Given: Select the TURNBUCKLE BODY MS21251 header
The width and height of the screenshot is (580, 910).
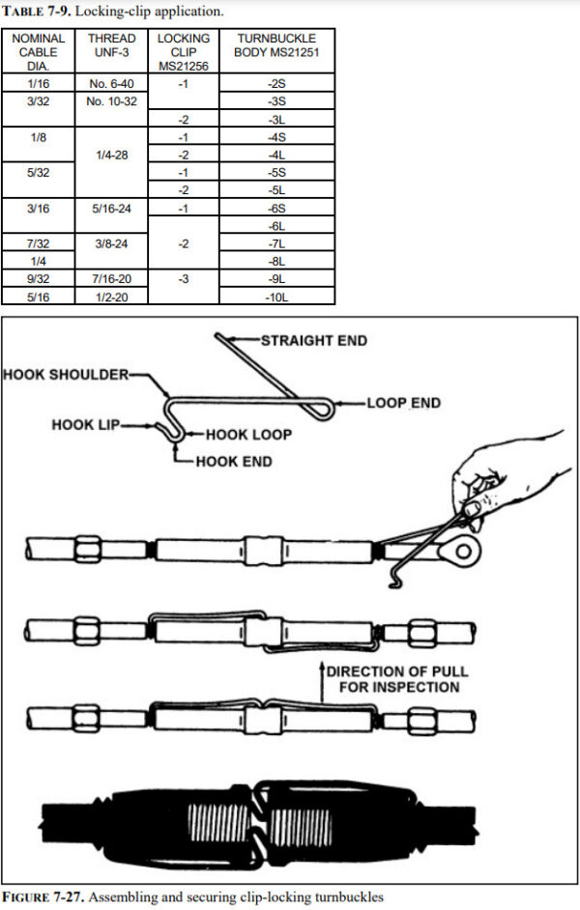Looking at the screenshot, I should coord(275,45).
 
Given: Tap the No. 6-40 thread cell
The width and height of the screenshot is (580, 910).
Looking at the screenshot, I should coord(111,85).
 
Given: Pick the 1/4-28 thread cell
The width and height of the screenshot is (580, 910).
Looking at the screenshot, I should coord(111,154).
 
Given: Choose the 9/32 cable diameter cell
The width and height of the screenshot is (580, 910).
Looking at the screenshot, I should coord(39,278).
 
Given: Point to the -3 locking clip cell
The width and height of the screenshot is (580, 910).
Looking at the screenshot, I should coord(183,278).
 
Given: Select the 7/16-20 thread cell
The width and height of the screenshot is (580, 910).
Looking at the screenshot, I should coord(111,278).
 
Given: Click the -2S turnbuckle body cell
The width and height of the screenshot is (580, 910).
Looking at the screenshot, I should coord(275,85).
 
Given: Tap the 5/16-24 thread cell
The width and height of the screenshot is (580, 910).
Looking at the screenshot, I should coord(111,207).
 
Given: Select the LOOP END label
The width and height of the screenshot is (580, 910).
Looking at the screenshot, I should coord(403,402).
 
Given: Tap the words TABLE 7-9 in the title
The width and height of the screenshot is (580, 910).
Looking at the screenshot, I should coord(39,13).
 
